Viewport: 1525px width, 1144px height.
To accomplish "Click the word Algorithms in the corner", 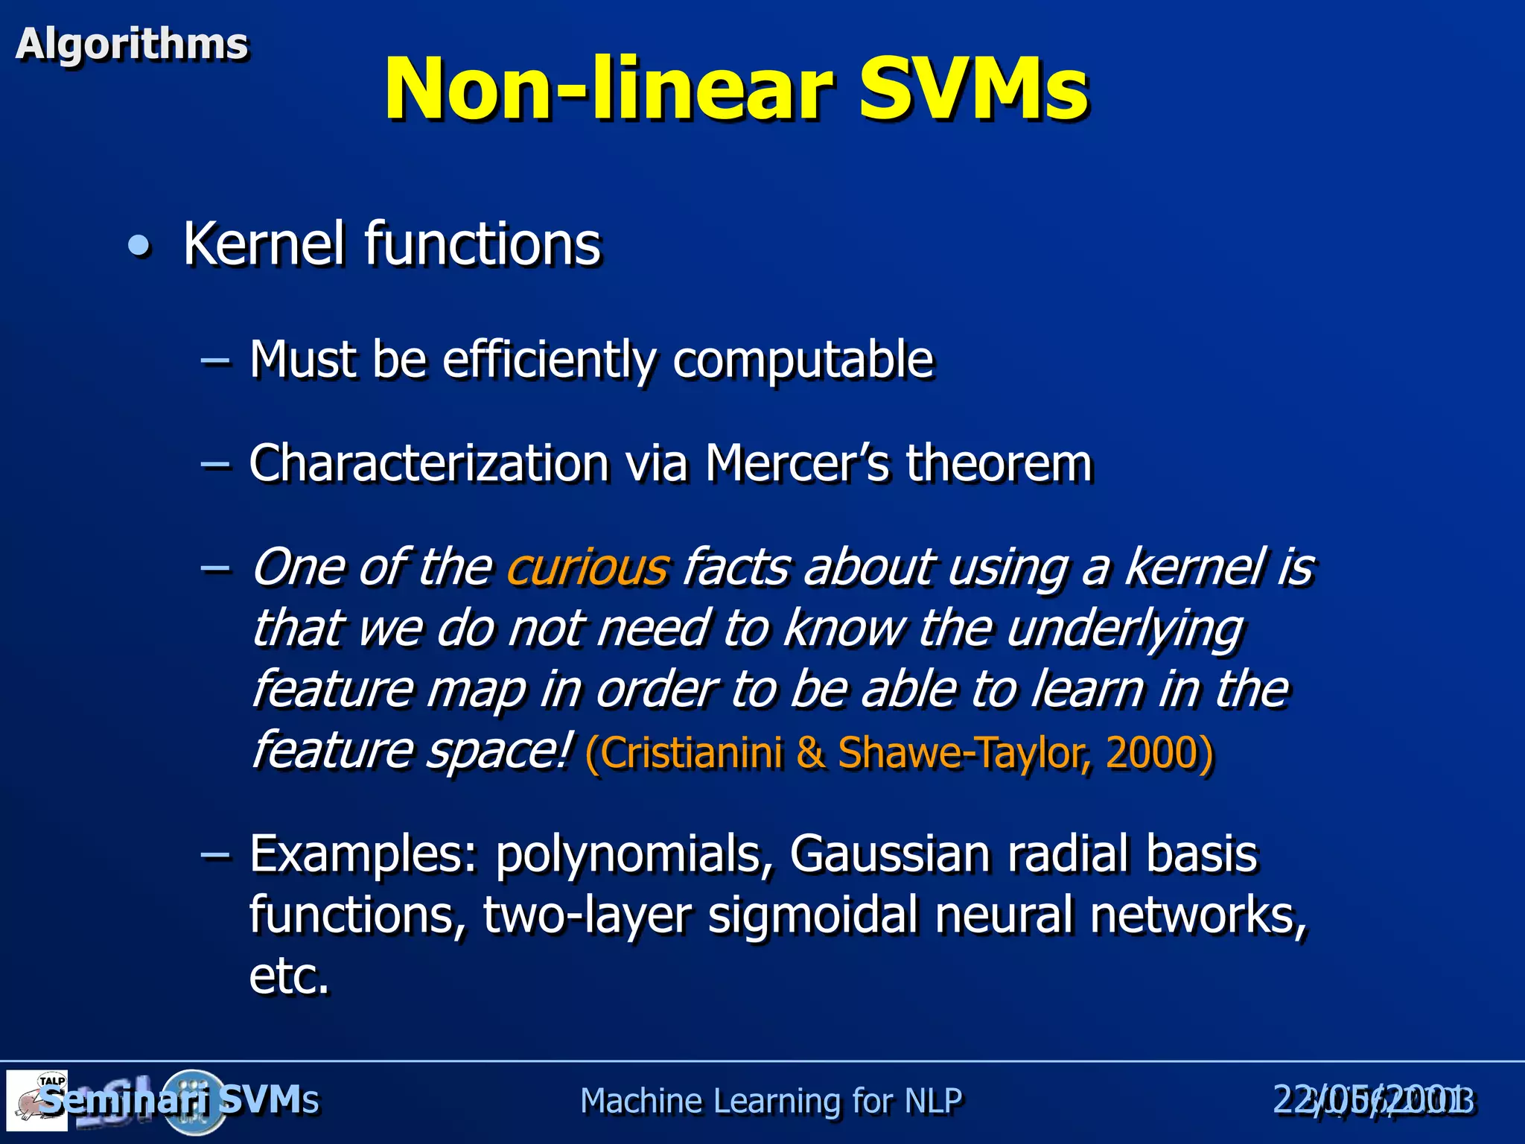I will click(x=132, y=44).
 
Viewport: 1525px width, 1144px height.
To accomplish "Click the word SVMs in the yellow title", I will click(x=972, y=89).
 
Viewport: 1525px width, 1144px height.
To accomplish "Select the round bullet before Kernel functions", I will click(x=139, y=246).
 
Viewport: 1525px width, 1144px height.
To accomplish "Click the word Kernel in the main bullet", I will click(x=264, y=244).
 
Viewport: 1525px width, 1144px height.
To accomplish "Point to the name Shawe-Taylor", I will click(x=965, y=752).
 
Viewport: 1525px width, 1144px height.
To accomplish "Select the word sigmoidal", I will click(x=812, y=915).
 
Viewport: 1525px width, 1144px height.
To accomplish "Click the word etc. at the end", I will click(x=289, y=976).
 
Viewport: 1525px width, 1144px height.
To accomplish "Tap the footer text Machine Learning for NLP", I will click(x=771, y=1101).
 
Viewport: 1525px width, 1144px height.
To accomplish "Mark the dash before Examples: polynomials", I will click(x=215, y=854).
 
